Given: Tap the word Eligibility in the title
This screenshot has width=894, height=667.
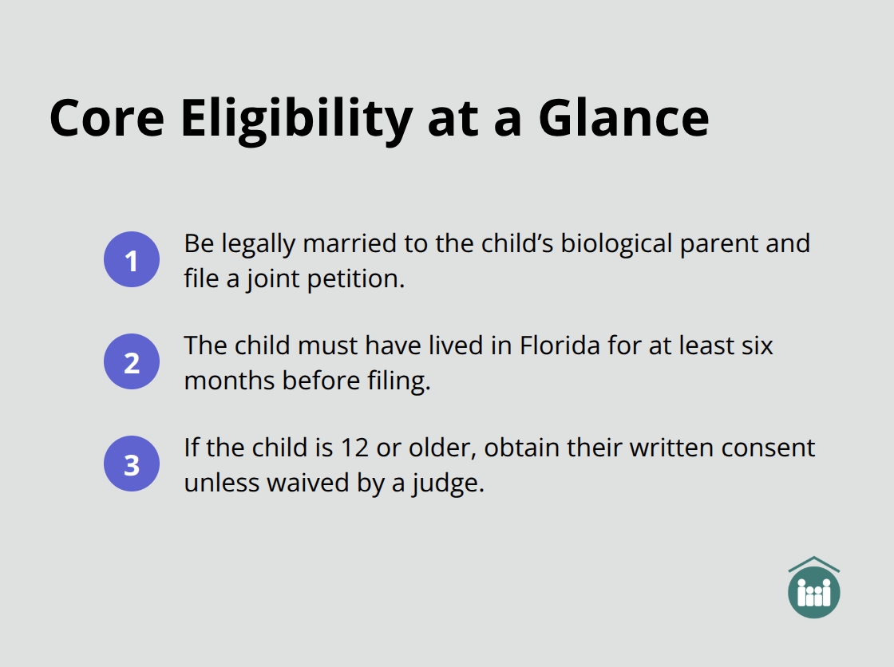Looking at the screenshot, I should (296, 118).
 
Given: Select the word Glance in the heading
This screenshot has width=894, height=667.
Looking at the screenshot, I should (623, 118).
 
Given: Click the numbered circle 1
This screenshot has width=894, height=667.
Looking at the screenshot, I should (132, 259).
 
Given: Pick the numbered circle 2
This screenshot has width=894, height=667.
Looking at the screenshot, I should (132, 361).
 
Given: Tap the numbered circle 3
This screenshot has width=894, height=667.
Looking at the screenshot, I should (132, 464).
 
